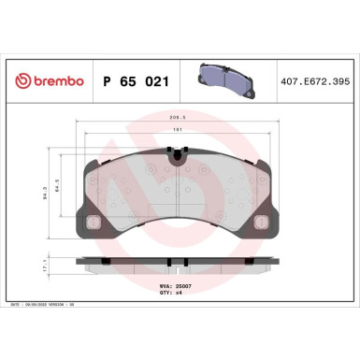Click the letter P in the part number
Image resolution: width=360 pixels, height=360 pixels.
(105, 81)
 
